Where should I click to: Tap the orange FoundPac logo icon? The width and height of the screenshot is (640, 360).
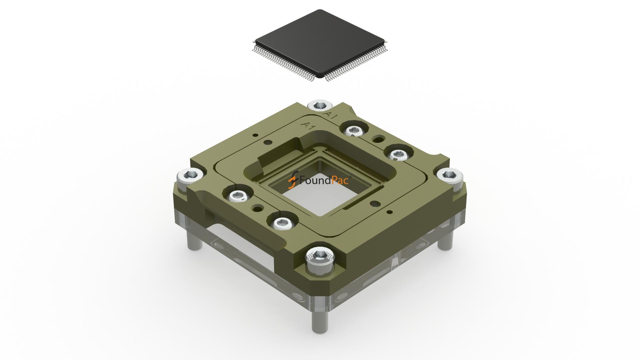click(293, 180)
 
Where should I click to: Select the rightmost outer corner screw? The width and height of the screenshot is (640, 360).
click(450, 174)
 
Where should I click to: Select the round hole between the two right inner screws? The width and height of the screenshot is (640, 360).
click(378, 138)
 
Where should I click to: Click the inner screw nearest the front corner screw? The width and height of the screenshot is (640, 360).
click(282, 222)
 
